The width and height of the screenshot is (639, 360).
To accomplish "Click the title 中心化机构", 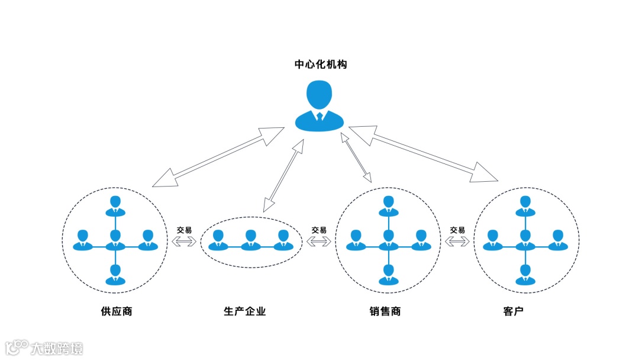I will coord(321,65).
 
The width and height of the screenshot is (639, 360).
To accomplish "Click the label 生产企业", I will coord(245,311).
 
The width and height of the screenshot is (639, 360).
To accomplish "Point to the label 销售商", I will coord(385,311).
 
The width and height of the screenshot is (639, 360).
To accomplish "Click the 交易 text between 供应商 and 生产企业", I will coord(184,230).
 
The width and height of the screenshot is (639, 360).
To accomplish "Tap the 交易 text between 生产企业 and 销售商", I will coord(319,230).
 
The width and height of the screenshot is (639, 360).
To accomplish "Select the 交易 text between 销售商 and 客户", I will coord(457,230).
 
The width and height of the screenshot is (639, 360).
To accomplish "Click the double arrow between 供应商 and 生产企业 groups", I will coord(184,241).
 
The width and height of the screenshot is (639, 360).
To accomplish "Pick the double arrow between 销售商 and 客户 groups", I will coord(457,241).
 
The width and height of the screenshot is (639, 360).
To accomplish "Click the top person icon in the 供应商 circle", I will coord(115,205).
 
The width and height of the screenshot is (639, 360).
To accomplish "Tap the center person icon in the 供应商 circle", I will coord(115,240).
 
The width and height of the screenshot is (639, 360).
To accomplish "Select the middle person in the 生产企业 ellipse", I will coord(251,240).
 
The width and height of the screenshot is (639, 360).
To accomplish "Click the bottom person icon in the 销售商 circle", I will coord(388,274).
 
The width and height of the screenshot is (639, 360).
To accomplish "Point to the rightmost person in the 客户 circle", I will coord(557,240).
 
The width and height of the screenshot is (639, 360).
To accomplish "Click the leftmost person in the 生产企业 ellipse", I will coord(218,240).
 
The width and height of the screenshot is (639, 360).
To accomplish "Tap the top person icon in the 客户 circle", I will coord(525,205).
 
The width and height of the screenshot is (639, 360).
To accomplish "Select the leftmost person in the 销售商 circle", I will coord(356,240).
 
